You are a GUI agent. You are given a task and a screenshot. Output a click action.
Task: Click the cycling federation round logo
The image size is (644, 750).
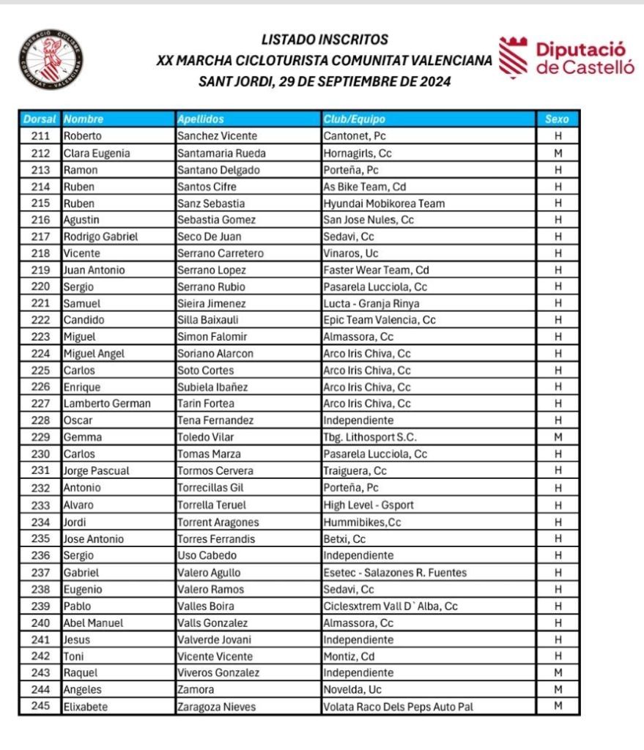[50, 61]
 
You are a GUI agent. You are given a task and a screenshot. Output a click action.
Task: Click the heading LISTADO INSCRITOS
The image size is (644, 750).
[325, 39]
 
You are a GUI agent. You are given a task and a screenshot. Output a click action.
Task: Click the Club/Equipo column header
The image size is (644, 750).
[354, 119]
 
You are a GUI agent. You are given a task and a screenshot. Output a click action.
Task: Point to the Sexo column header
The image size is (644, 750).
[558, 119]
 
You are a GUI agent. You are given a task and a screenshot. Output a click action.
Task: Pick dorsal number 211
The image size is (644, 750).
[41, 135]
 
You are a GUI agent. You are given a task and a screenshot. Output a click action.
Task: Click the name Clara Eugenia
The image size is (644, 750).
[97, 153]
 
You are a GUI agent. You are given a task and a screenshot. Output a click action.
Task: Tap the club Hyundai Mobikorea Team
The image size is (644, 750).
[384, 204]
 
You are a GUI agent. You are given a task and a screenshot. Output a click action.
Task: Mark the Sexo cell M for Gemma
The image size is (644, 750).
[558, 437]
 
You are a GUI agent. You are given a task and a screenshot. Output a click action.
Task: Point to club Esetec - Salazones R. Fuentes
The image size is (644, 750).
[395, 572]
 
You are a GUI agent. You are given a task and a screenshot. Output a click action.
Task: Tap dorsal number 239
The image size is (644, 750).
[41, 606]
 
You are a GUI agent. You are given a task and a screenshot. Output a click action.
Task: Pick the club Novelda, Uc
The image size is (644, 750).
[353, 689]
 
